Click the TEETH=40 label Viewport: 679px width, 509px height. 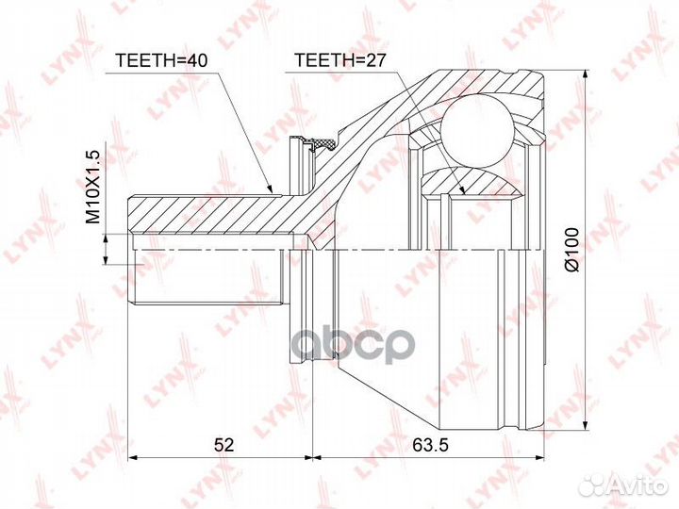(161, 60)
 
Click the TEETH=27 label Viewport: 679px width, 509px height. (339, 60)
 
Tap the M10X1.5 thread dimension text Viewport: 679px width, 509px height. (92, 187)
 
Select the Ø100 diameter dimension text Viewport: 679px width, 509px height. (572, 249)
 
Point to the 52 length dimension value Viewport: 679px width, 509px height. (224, 444)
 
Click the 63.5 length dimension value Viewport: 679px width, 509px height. (430, 444)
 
